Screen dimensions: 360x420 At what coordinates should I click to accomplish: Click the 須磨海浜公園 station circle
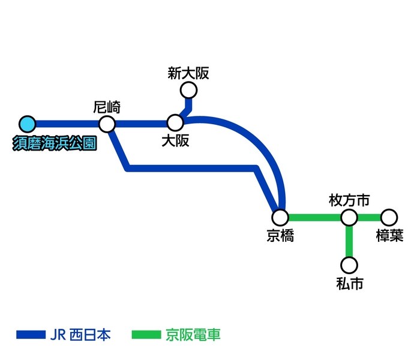click(x=27, y=124)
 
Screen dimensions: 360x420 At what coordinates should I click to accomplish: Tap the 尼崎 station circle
click(x=107, y=124)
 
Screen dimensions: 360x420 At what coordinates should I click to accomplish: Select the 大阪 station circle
click(x=175, y=124)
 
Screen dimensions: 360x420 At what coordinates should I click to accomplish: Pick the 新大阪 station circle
click(x=188, y=91)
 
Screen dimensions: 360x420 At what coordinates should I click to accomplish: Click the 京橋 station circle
click(x=280, y=217)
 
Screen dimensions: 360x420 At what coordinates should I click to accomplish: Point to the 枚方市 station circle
click(x=349, y=217)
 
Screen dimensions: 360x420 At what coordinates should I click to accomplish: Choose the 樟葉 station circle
click(x=389, y=217)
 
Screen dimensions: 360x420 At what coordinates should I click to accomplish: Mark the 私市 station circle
click(x=349, y=265)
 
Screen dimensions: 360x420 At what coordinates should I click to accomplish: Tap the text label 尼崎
click(x=107, y=108)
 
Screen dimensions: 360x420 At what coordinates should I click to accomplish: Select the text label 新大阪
click(x=188, y=74)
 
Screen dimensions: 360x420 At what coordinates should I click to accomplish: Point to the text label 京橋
click(x=280, y=236)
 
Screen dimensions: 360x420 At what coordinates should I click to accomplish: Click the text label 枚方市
click(x=349, y=200)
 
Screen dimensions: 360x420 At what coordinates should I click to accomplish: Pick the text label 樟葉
click(x=389, y=236)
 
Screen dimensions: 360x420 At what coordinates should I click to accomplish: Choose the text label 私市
click(x=349, y=284)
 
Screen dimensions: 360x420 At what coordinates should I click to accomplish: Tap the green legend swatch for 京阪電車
click(x=146, y=334)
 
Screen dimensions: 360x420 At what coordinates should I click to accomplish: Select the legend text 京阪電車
click(x=193, y=334)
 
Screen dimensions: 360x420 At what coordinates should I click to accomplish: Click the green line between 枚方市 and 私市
click(x=349, y=241)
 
